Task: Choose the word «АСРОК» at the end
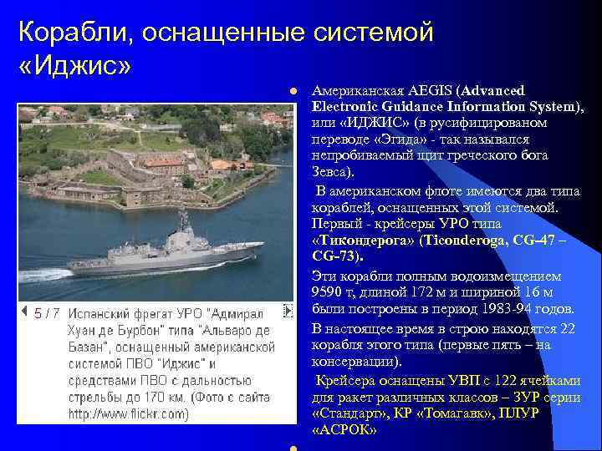344,429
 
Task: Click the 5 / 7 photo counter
47,312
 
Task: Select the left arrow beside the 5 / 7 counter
24,312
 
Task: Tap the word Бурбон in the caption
99,330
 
